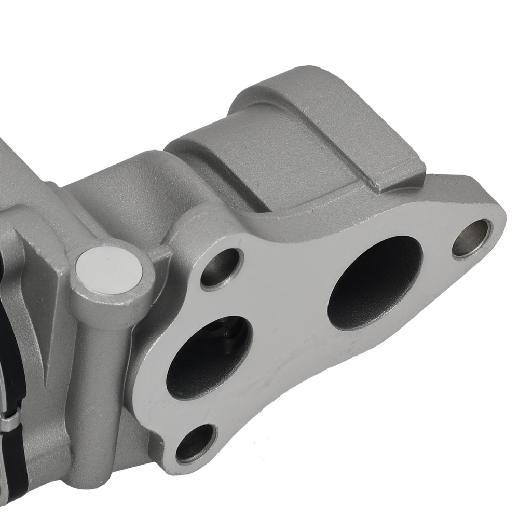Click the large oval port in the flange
(375, 283)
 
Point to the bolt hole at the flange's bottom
(196, 444)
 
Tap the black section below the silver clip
(13, 467)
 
